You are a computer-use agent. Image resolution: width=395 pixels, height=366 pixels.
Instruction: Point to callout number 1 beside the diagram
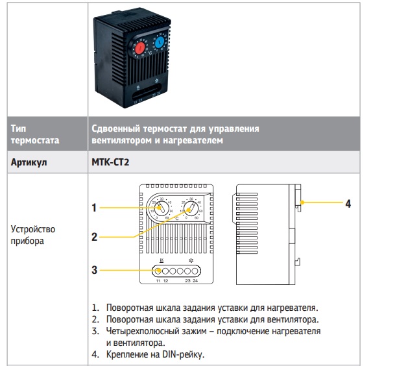point(94,208)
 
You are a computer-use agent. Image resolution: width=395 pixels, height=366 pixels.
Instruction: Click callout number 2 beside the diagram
point(94,237)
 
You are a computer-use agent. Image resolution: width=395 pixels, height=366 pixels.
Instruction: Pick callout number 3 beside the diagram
point(94,269)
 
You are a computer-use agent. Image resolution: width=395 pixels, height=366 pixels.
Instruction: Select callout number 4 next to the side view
point(348,204)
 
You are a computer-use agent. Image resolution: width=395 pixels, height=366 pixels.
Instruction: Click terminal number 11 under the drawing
point(158,281)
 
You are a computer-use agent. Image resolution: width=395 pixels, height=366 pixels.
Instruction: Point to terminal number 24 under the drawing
point(195,281)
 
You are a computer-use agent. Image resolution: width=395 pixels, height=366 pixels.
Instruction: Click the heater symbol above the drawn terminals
point(162,260)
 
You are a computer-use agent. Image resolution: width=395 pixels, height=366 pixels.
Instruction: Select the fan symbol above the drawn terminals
point(191,260)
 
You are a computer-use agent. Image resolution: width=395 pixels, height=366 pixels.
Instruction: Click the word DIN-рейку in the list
point(186,354)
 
